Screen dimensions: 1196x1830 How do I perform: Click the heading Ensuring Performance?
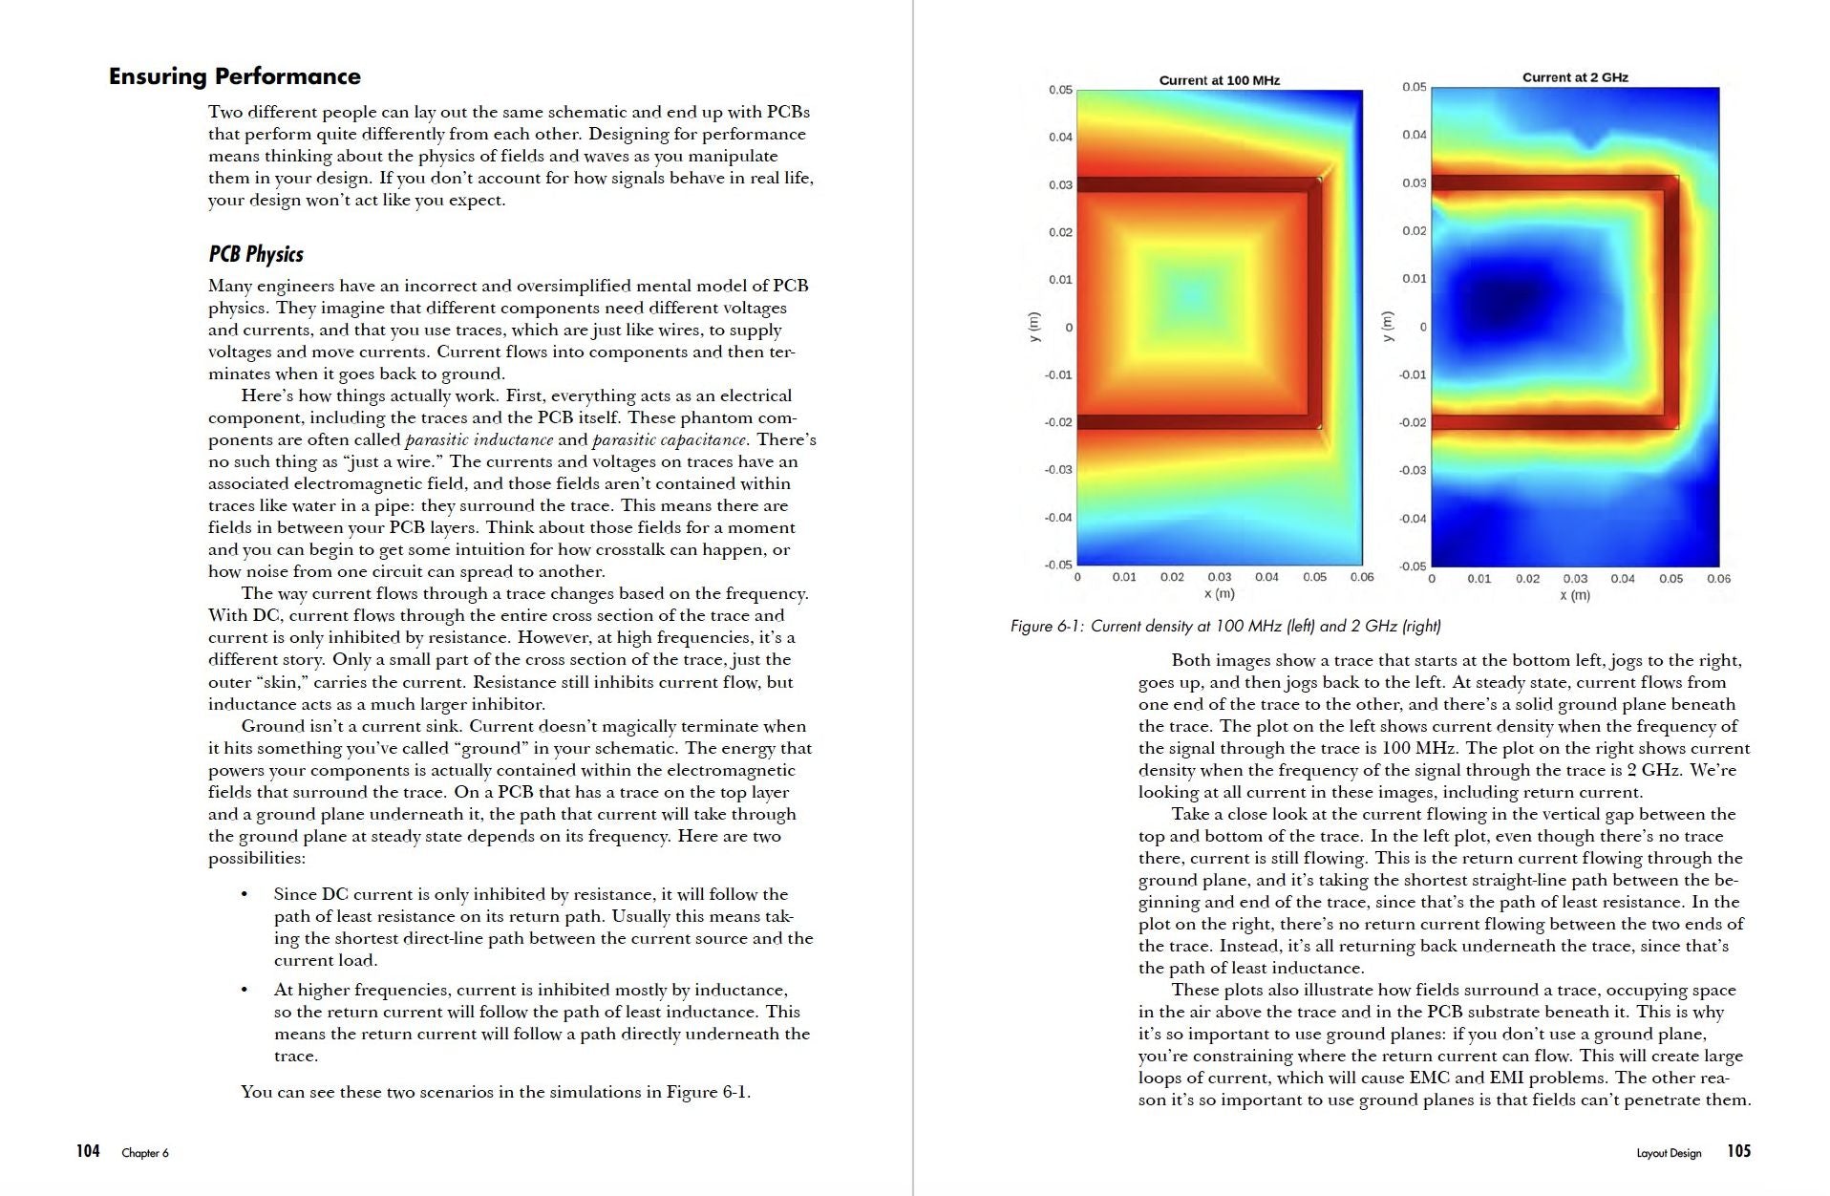[x=234, y=76]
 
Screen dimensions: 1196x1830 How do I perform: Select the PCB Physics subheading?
[x=256, y=254]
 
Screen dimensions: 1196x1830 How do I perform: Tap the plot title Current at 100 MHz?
[x=1219, y=80]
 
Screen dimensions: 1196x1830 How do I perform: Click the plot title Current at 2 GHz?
[x=1574, y=77]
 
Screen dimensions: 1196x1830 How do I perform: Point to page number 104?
[x=88, y=1151]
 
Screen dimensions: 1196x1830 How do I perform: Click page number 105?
[x=1738, y=1151]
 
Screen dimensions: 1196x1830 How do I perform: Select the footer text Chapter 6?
[x=145, y=1153]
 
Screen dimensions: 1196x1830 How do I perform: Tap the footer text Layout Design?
[x=1669, y=1153]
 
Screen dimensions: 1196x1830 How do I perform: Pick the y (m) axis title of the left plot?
[x=1032, y=327]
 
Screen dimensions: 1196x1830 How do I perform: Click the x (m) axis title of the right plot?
[x=1574, y=595]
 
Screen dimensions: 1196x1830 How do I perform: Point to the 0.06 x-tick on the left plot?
[x=1361, y=577]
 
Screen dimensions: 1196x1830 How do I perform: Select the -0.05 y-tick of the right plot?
[x=1413, y=566]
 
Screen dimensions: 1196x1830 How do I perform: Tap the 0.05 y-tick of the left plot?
[x=1060, y=90]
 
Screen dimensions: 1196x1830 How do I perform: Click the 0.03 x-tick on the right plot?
[x=1575, y=579]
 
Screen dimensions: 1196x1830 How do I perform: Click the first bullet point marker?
[x=245, y=895]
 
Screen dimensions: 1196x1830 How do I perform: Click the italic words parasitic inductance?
[x=479, y=440]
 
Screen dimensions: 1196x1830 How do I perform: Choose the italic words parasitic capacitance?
[x=669, y=440]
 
